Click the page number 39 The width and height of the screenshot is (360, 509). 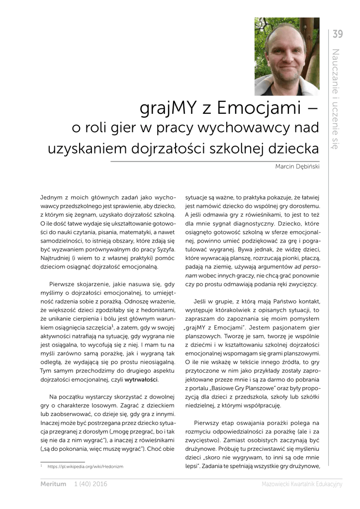[x=338, y=34]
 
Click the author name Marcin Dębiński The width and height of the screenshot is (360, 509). [x=297, y=167]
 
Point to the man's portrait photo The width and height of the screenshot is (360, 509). [x=286, y=56]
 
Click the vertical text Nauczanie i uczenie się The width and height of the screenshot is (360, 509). [x=336, y=99]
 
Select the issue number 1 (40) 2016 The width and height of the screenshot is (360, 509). [x=90, y=484]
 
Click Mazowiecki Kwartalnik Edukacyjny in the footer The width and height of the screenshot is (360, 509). [x=302, y=484]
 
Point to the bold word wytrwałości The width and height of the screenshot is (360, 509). [x=141, y=380]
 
